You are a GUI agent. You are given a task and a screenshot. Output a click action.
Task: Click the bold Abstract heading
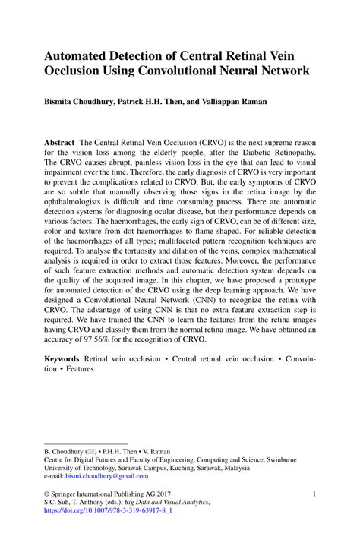pos(59,142)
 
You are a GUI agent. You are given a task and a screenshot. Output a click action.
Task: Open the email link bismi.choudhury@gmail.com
pos(107,476)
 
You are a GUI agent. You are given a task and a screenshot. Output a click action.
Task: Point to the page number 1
pos(314,494)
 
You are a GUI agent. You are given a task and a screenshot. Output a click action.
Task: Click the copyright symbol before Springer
pos(47,494)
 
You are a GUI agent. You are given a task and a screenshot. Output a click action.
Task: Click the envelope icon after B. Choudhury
pos(93,450)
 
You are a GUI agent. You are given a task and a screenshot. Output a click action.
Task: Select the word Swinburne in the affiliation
pos(292,459)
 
